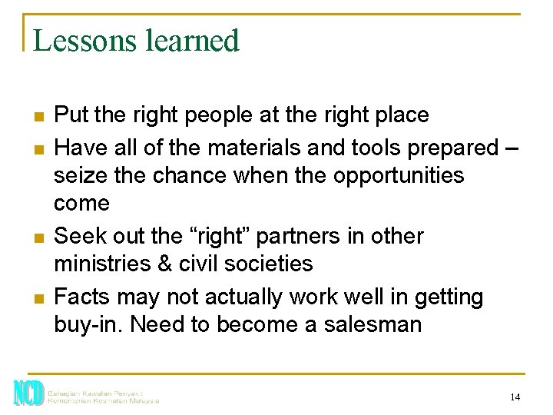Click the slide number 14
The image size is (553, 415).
[x=515, y=397]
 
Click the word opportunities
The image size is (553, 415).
[x=399, y=175]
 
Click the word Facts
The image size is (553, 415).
[x=83, y=297]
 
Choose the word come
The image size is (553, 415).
[x=82, y=204]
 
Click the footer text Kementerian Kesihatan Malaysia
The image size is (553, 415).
[x=103, y=400]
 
